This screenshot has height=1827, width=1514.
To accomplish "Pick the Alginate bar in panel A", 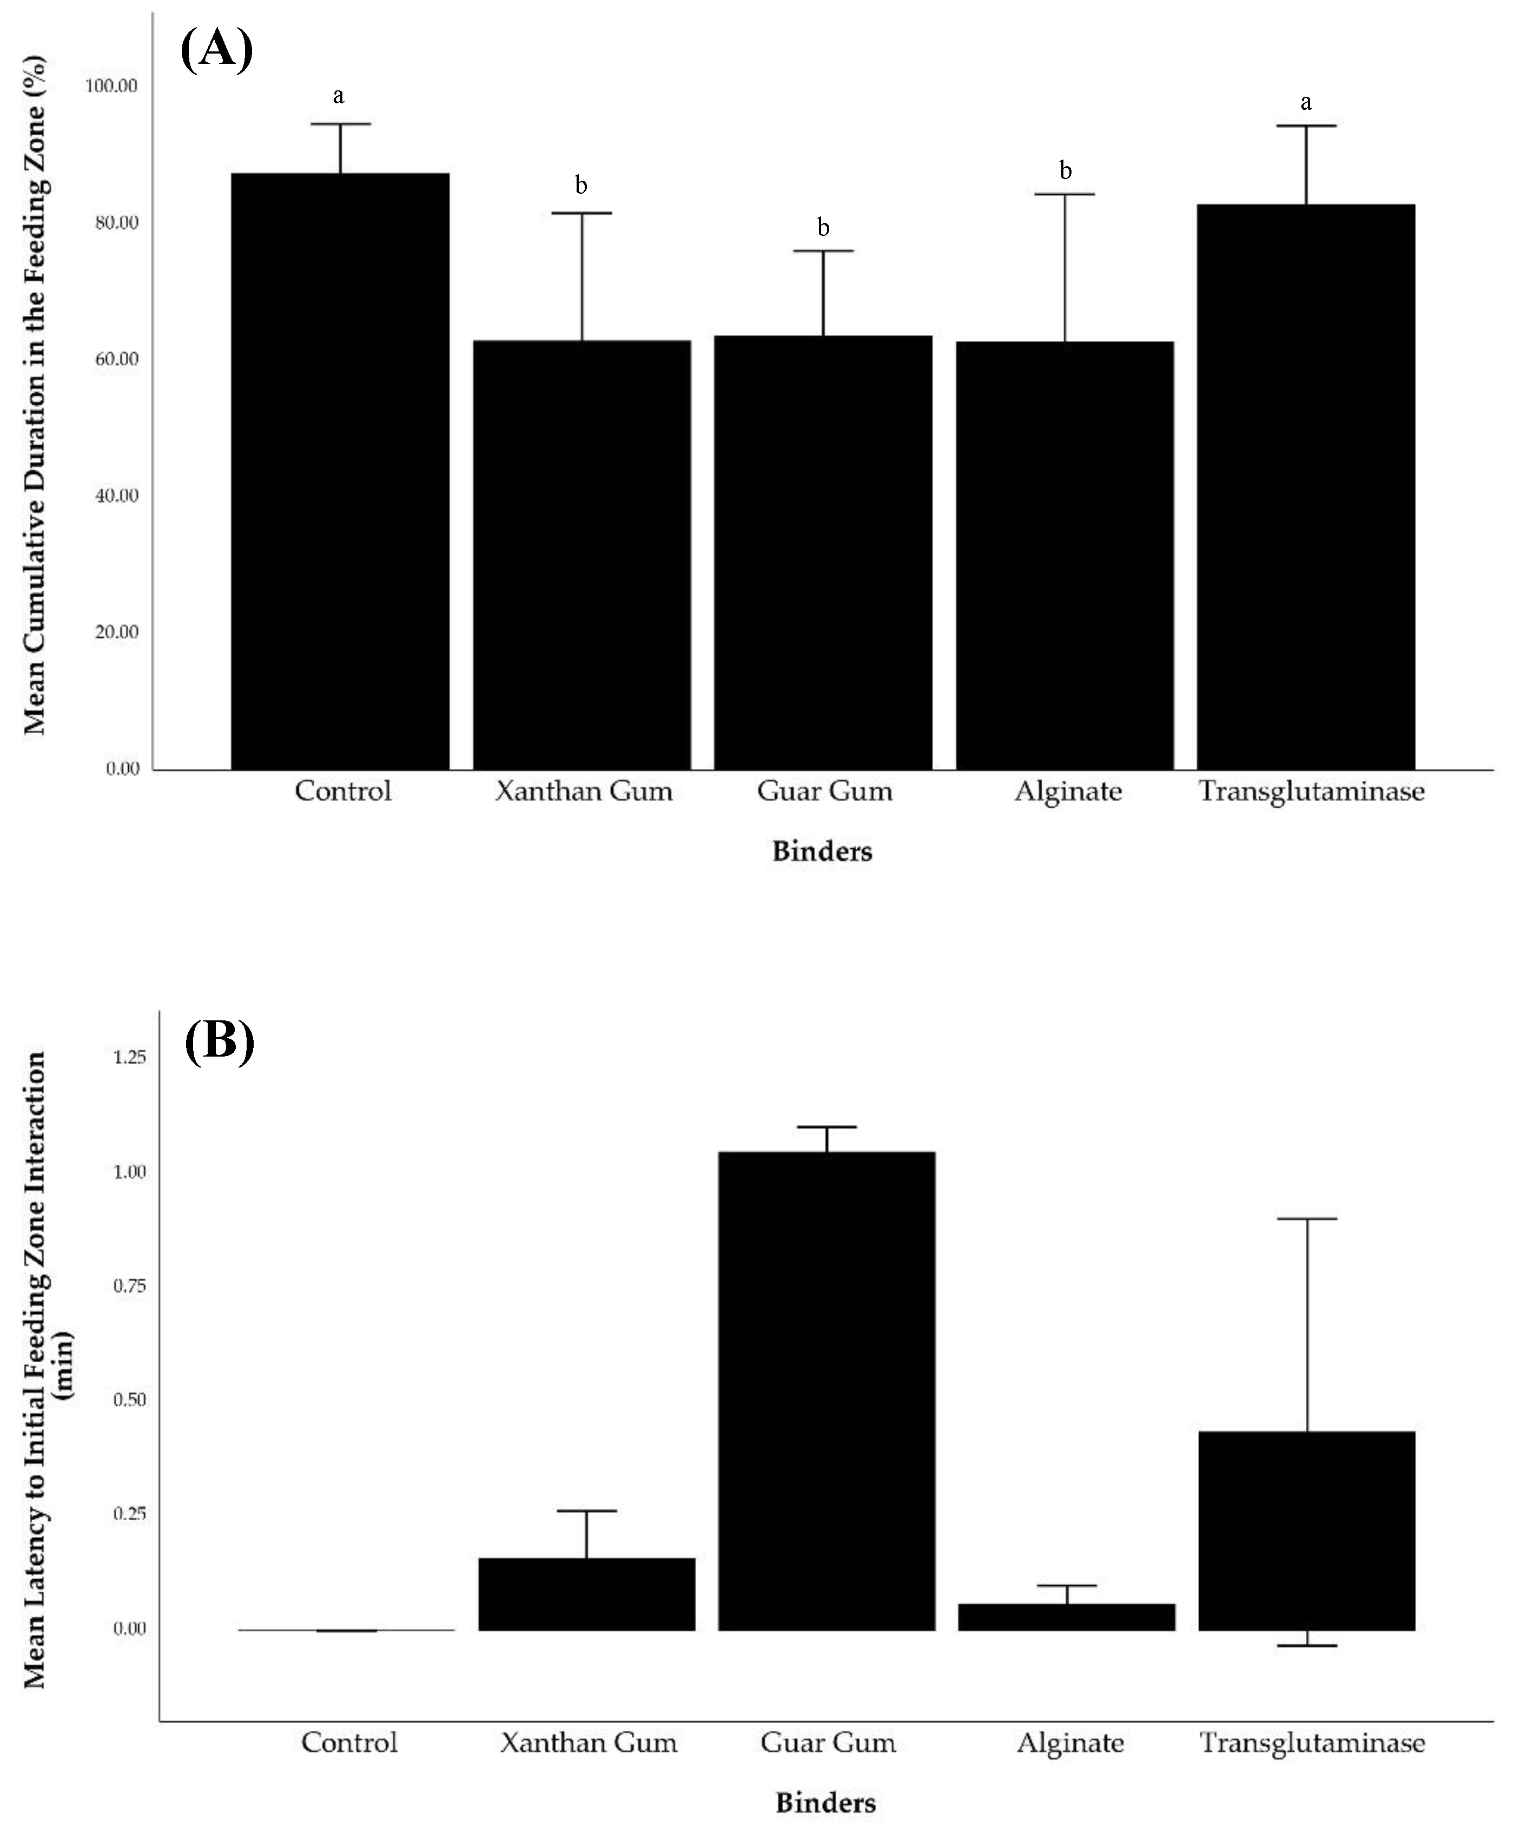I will coord(1065,555).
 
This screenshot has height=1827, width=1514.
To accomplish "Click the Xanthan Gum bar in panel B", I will coord(587,1594).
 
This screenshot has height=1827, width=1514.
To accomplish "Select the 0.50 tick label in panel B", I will coord(130,1400).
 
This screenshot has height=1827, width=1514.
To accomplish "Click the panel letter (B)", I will coord(219,1040).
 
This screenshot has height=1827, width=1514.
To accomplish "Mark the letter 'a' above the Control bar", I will coord(338,96).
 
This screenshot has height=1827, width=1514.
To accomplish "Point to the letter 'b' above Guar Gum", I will coord(823,228).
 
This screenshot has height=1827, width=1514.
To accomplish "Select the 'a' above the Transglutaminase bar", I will coord(1305,103).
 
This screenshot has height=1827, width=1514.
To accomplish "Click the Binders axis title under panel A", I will coord(822,851).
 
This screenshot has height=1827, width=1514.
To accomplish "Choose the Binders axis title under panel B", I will coord(825,1803).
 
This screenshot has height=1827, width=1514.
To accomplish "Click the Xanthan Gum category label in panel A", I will coord(584,791).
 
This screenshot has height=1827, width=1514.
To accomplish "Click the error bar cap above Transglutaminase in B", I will coord(1306,1219).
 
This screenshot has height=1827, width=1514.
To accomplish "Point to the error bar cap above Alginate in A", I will coord(1065,194).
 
